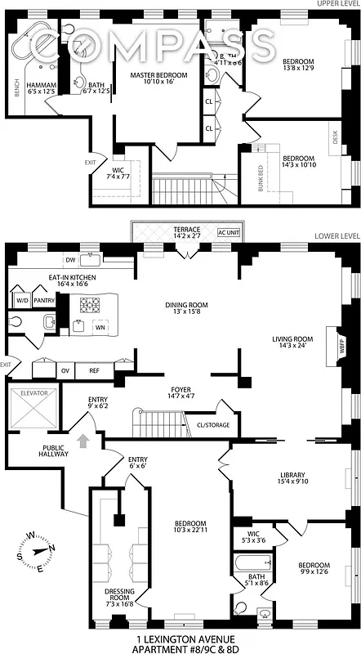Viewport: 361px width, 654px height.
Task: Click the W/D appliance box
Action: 21,300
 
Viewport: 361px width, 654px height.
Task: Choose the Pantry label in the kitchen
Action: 44,300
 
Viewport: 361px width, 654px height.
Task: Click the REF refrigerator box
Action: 94,370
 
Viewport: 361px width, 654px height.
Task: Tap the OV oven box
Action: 65,370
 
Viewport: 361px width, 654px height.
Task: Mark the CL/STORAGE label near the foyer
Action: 214,425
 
